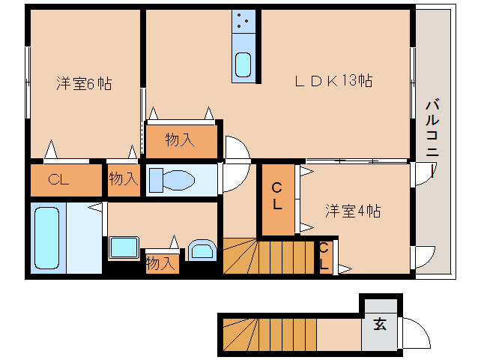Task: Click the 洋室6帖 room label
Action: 84,84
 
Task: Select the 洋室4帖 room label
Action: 352,211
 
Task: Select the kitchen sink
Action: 243,65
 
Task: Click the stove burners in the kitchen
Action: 243,22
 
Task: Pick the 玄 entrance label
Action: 380,325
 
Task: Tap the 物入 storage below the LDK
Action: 180,139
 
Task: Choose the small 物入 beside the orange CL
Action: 124,178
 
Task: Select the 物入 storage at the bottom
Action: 161,263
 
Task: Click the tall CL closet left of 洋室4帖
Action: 277,196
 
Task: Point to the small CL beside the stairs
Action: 324,256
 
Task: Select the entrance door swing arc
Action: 416,333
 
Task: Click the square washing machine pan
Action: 124,247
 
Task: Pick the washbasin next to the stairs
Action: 202,250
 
